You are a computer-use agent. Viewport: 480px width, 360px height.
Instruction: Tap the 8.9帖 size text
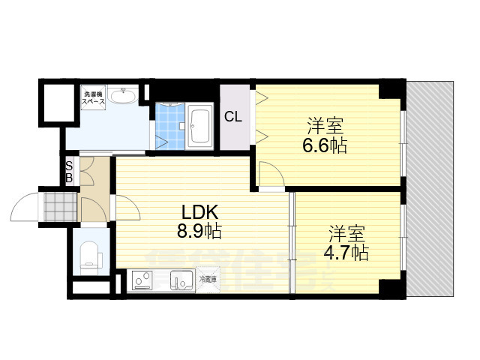198,232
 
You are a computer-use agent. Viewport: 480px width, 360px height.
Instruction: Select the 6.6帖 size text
325,145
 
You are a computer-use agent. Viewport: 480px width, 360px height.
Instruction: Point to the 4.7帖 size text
346,252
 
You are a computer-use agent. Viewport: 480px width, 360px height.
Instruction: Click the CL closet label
233,117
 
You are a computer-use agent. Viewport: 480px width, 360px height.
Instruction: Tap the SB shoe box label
69,172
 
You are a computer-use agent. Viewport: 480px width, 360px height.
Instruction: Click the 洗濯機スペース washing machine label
94,97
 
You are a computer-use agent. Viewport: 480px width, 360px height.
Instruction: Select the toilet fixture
90,253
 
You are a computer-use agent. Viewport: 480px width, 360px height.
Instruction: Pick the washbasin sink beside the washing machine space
123,96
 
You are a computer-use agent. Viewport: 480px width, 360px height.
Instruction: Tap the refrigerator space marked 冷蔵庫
207,280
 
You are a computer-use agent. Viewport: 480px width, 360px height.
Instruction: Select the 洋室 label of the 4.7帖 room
346,232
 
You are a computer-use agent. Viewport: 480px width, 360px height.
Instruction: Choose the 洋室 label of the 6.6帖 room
325,124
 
